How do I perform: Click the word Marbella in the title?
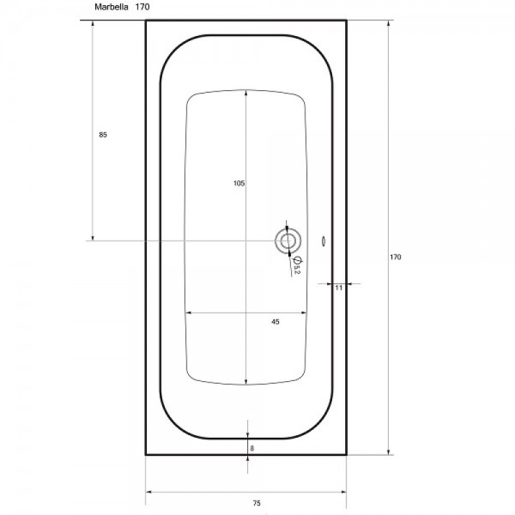pos(111,7)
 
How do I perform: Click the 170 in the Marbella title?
pos(142,7)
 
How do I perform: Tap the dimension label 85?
pos(103,135)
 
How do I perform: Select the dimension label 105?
pos(239,184)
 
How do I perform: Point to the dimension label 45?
pos(276,322)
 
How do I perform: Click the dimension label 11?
pos(339,288)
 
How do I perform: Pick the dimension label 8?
pos(251,448)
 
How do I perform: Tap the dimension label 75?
pos(257,503)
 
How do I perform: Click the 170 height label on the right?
pos(396,257)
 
